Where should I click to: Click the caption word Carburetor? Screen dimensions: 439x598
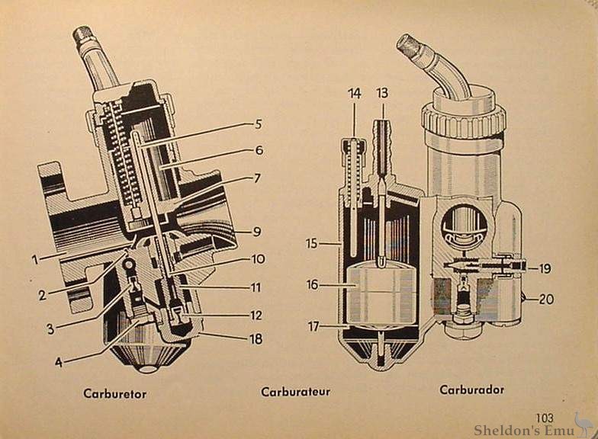click(114, 394)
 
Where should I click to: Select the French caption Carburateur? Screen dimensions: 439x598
click(295, 392)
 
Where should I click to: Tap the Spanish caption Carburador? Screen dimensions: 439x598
click(471, 389)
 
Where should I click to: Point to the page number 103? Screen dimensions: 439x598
click(545, 417)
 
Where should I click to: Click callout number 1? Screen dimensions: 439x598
click(35, 259)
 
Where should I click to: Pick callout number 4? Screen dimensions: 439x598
click(59, 362)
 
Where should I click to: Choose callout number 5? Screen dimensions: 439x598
click(259, 124)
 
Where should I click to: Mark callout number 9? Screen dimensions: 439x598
click(259, 230)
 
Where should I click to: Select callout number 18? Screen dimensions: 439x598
click(256, 339)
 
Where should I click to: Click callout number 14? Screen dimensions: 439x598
click(355, 93)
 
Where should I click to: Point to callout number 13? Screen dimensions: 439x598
click(382, 93)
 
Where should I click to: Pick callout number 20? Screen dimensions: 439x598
click(546, 300)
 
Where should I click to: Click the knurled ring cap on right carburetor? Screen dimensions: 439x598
click(464, 120)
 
